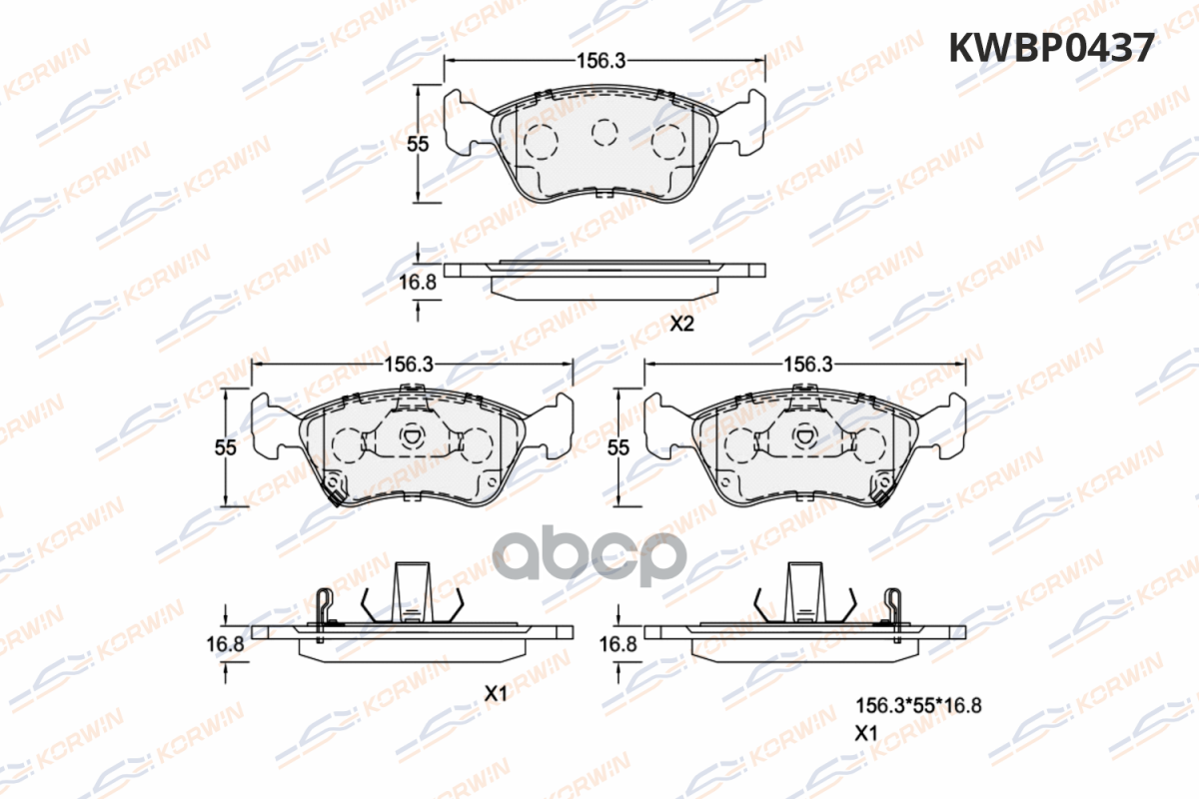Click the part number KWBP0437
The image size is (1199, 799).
1051,48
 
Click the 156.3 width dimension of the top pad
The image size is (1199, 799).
600,61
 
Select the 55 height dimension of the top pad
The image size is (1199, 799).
418,144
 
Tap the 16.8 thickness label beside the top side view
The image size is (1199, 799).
418,282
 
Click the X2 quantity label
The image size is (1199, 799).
681,324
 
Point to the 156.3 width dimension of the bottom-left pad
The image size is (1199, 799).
409,365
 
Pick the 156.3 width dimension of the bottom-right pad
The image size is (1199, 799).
807,365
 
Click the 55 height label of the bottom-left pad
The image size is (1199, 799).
226,447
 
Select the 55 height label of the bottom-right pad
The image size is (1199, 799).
618,447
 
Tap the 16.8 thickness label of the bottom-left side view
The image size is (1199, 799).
226,644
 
